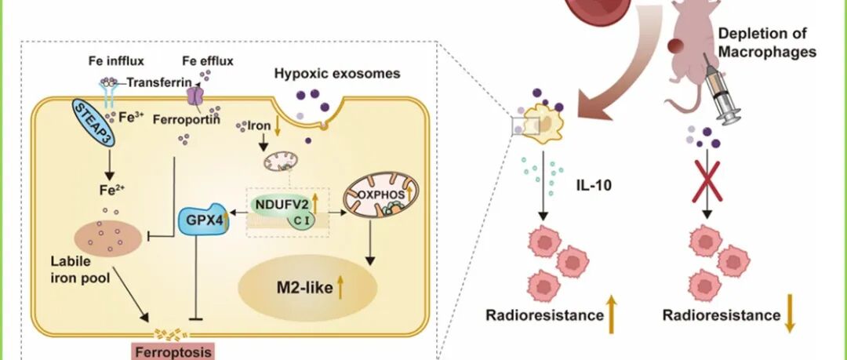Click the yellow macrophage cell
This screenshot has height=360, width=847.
pyautogui.click(x=539, y=124)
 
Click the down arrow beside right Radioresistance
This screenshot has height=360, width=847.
pyautogui.click(x=790, y=315)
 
